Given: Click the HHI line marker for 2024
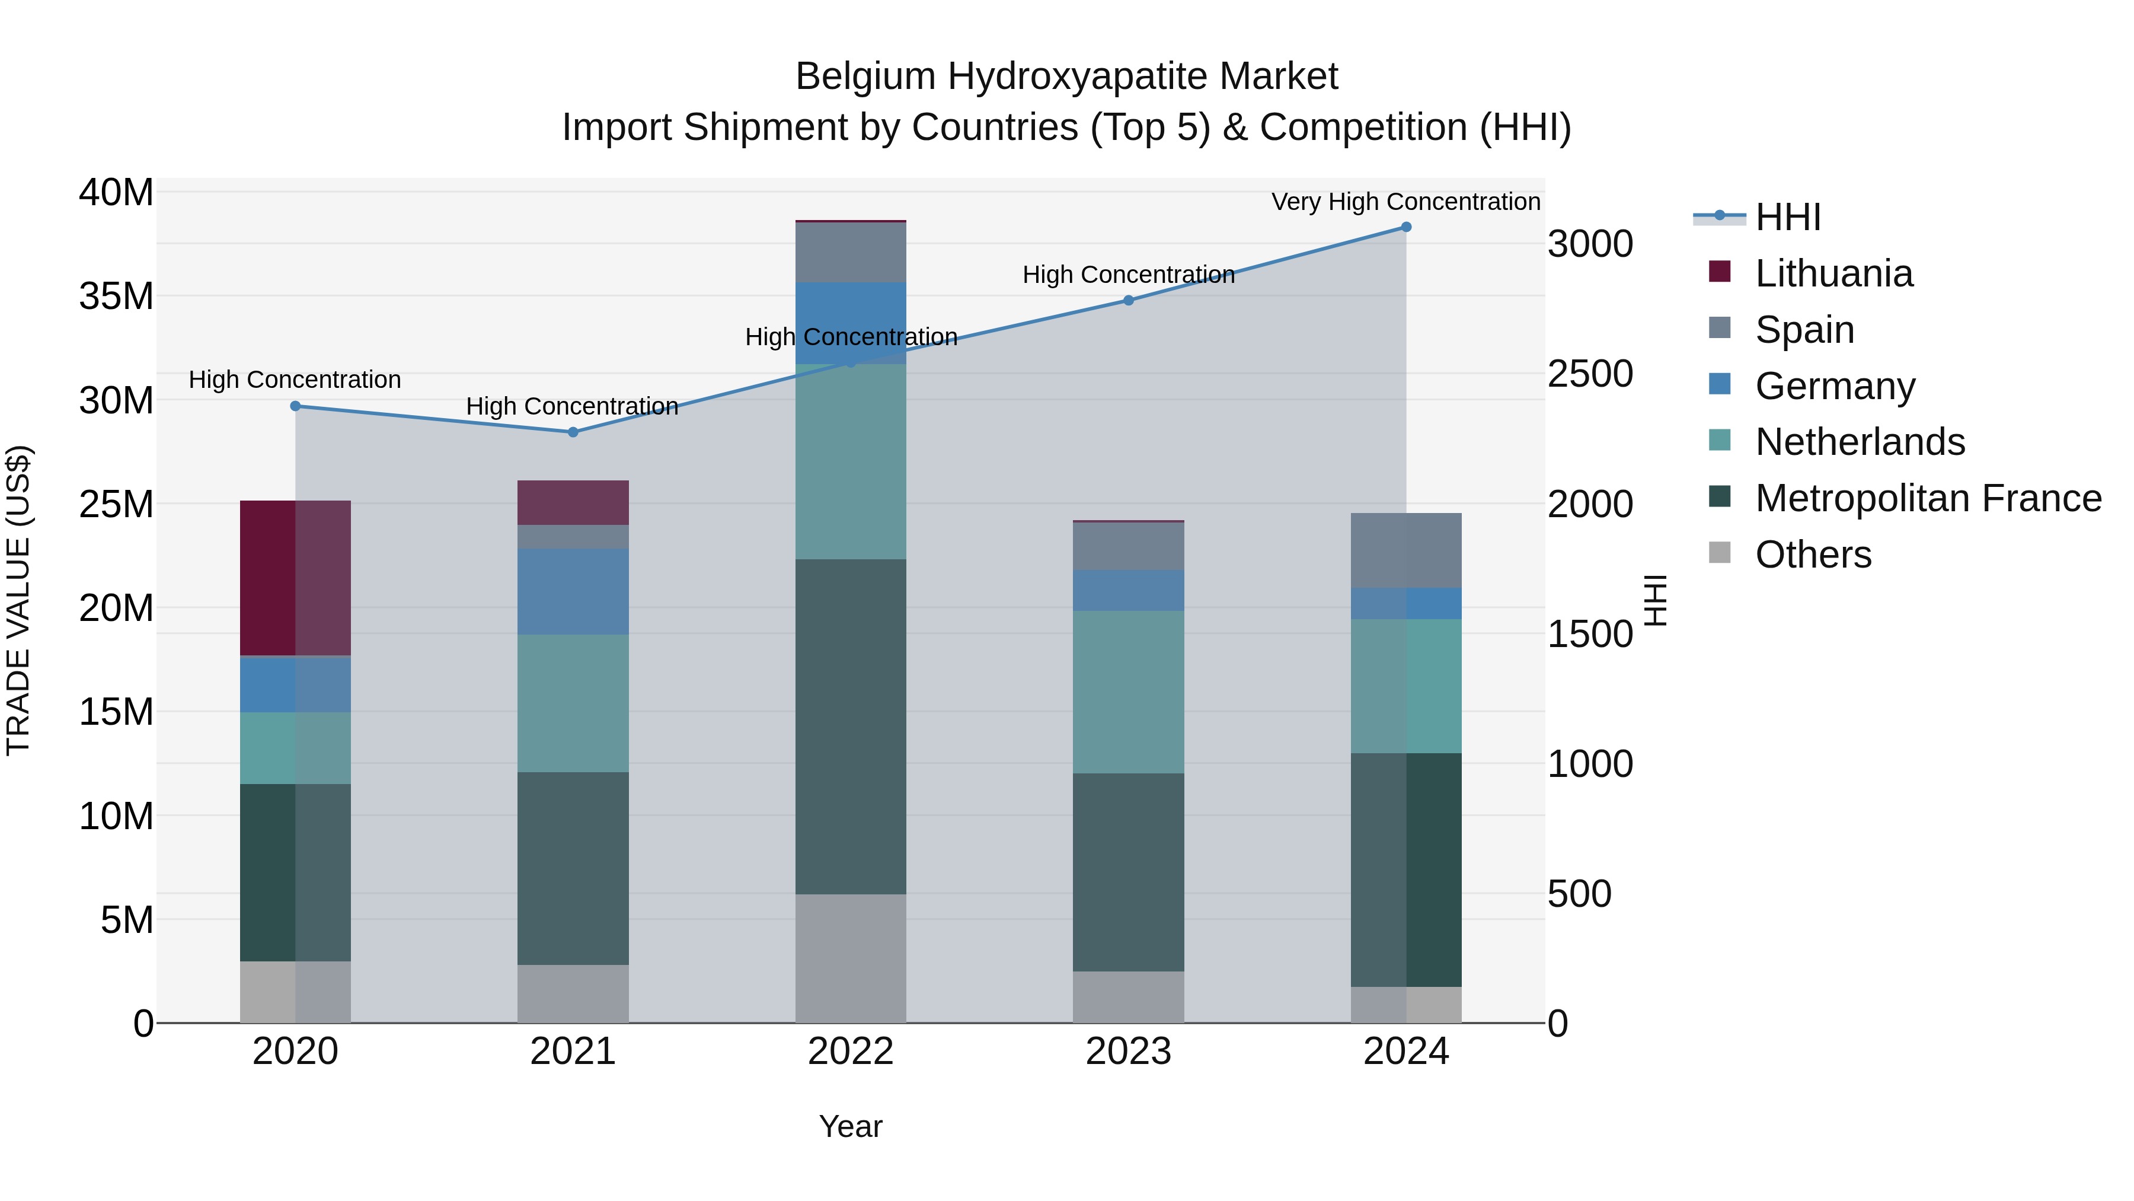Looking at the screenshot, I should pos(1406,227).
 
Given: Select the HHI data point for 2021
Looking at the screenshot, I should pos(573,432).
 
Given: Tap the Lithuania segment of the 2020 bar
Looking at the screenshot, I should pos(295,578).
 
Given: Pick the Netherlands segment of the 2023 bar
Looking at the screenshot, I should pos(1127,692).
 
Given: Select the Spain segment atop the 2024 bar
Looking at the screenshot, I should pos(1406,550).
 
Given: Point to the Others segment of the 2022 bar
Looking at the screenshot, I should pos(850,958).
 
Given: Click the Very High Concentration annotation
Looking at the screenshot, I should pos(1406,202).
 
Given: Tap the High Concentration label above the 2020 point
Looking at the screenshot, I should pos(295,380).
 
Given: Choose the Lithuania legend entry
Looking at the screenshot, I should pos(1833,273).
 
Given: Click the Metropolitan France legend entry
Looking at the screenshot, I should pos(1928,498).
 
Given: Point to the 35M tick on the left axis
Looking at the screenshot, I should pos(116,296).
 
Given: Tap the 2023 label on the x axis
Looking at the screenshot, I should pos(1127,1052).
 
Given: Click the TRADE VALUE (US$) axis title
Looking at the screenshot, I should pos(18,600).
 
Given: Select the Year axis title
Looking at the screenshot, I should pos(850,1126).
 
